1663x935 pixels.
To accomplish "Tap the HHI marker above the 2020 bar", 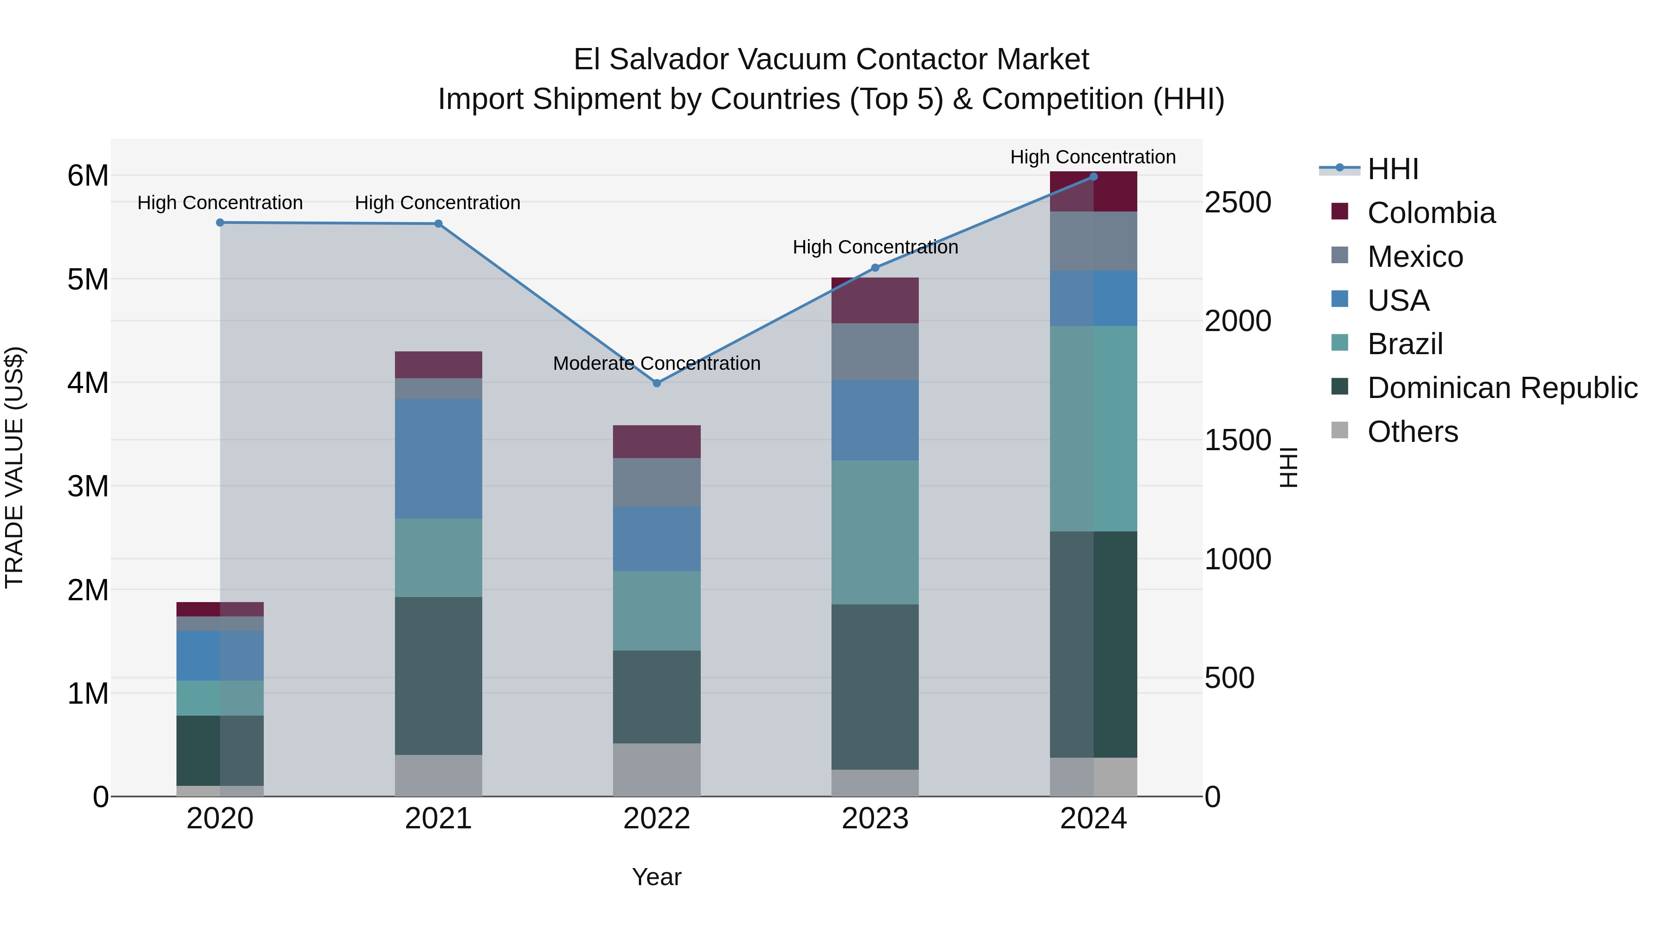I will pyautogui.click(x=220, y=223).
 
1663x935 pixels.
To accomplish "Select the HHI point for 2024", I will pyautogui.click(x=1093, y=177).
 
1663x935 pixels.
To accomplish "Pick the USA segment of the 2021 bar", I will pyautogui.click(x=438, y=459).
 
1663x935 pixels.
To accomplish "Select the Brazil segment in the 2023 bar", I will pyautogui.click(x=875, y=532).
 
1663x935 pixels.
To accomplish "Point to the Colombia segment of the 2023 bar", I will pyautogui.click(x=875, y=301).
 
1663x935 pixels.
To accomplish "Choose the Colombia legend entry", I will pyautogui.click(x=1431, y=213).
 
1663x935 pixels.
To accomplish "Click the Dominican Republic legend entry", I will pyautogui.click(x=1502, y=388).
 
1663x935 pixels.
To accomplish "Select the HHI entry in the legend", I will pyautogui.click(x=1392, y=169).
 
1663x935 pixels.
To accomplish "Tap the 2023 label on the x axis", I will pyautogui.click(x=875, y=819).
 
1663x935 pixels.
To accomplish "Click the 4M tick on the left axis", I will pyautogui.click(x=88, y=383).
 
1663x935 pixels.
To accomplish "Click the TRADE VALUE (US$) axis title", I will pyautogui.click(x=14, y=467).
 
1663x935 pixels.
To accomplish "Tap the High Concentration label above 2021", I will pyautogui.click(x=438, y=203).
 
